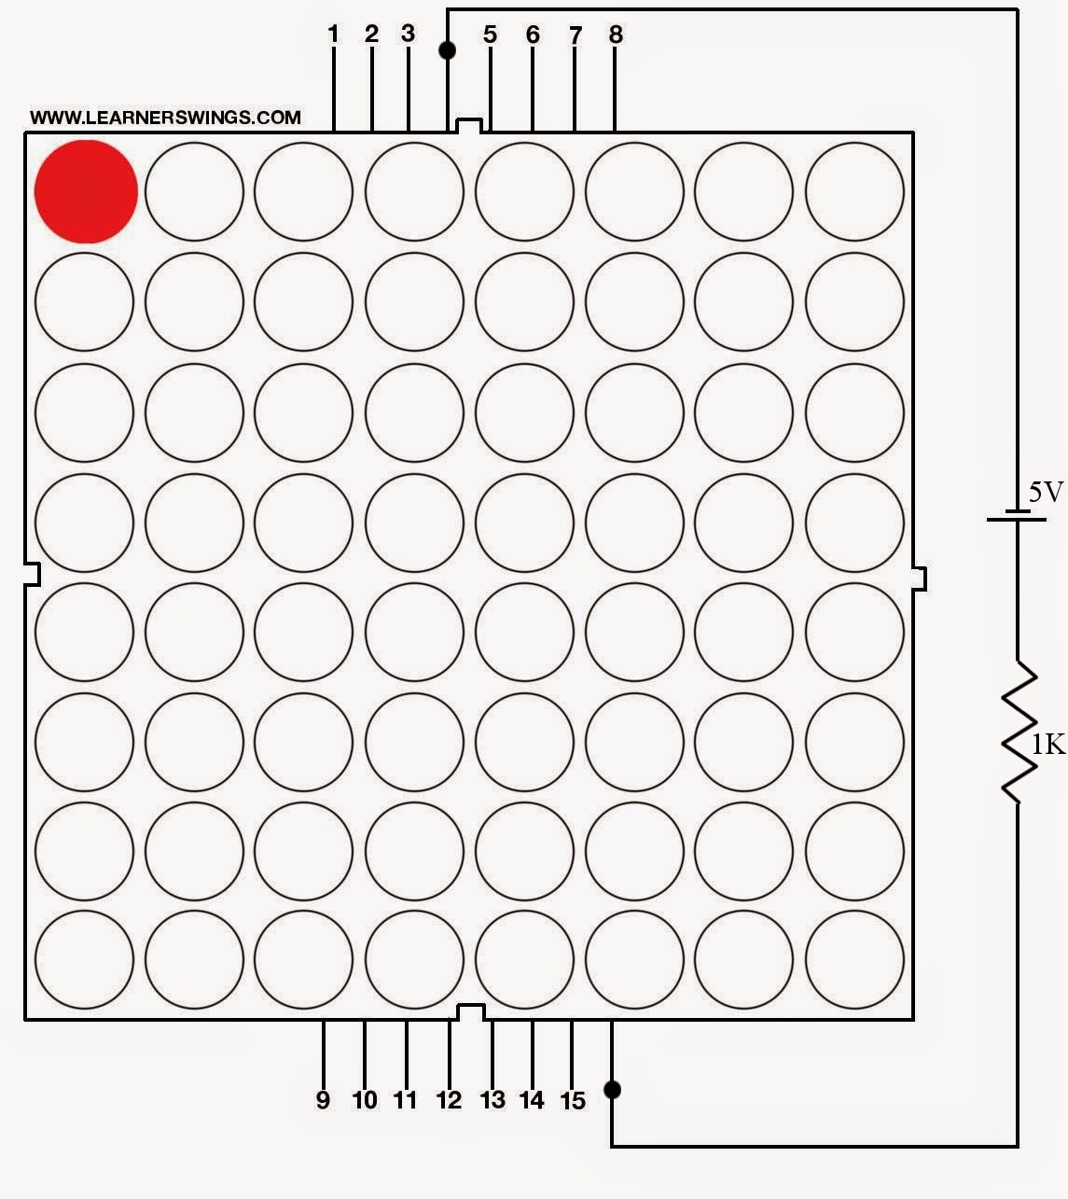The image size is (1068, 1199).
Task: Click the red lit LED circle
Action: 86,191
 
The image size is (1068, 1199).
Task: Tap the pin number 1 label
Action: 333,35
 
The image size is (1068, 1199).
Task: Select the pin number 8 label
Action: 616,35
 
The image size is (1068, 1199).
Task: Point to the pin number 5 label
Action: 490,35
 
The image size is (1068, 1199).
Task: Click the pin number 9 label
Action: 323,1100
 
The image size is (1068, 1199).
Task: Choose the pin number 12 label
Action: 449,1100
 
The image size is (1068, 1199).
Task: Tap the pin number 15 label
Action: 573,1101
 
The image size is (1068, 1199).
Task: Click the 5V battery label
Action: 1045,493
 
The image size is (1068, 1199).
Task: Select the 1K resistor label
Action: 1047,744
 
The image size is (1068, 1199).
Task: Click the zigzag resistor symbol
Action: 1019,732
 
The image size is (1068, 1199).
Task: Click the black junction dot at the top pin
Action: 447,49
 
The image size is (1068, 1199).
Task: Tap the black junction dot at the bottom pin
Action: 612,1089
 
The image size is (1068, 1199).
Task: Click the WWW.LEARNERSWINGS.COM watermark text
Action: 165,118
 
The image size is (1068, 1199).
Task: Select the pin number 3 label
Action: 408,34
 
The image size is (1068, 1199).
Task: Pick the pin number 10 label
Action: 365,1100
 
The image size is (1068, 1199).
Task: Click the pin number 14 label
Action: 532,1100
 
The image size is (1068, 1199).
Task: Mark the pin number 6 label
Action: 533,35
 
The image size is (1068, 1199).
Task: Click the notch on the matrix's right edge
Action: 919,579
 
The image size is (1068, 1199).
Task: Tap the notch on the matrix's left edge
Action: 32,574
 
